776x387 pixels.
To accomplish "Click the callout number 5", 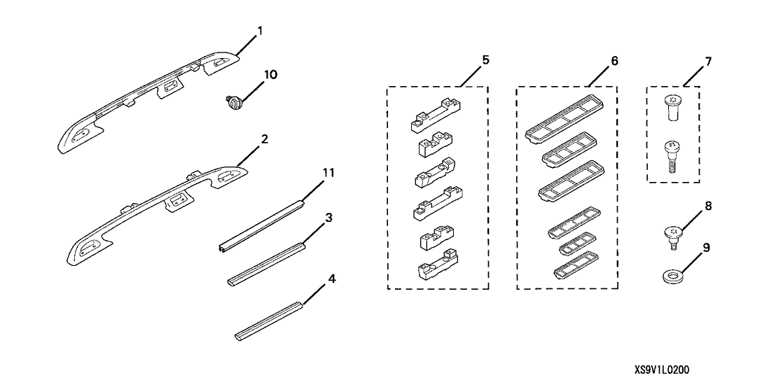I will (x=485, y=61).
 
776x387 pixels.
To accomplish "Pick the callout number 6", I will (x=614, y=61).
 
